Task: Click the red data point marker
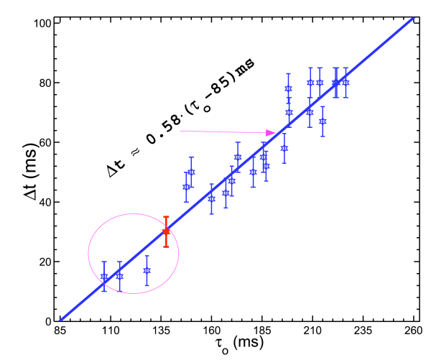pyautogui.click(x=166, y=231)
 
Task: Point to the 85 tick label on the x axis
pyautogui.click(x=60, y=332)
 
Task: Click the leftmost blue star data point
pyautogui.click(x=104, y=277)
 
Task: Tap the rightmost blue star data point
pyautogui.click(x=346, y=83)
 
